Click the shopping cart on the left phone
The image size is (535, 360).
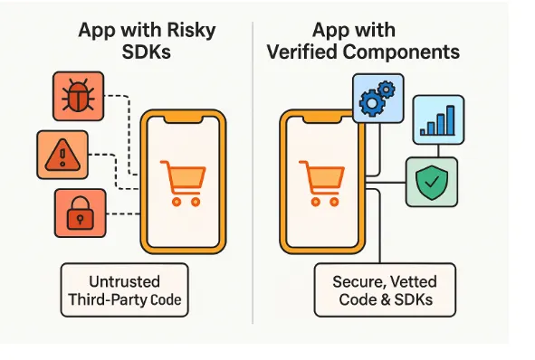[x=180, y=182]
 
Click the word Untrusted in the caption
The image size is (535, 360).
[x=125, y=281]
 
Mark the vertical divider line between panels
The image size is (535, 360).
[x=253, y=181]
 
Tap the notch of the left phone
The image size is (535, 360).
[x=181, y=119]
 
